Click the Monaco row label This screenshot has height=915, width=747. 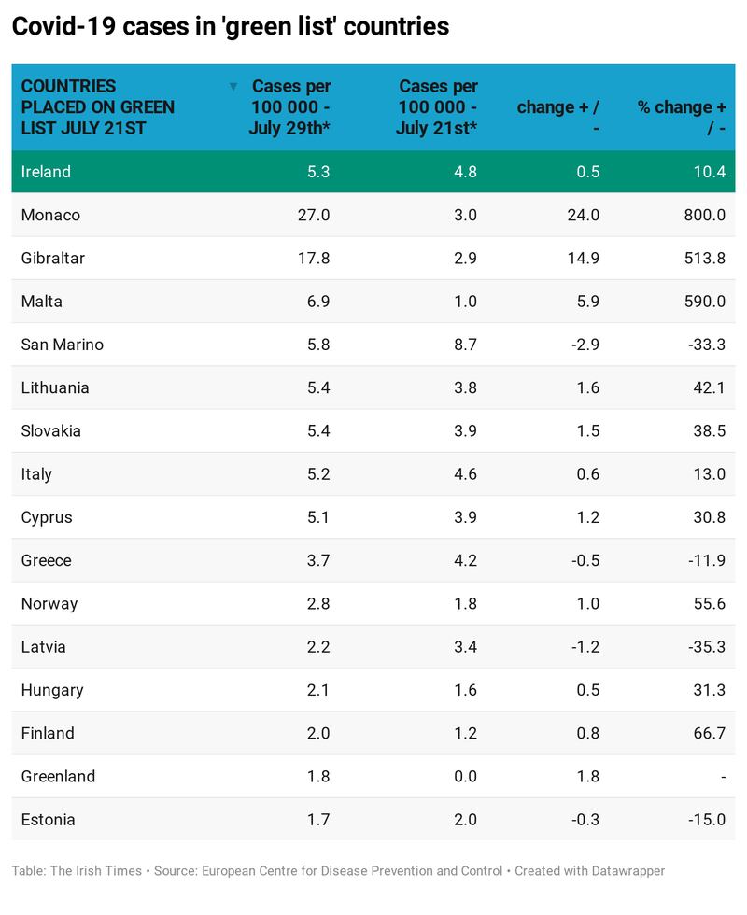click(50, 215)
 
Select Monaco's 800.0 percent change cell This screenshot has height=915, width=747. click(704, 215)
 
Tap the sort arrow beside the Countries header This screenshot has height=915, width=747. click(233, 87)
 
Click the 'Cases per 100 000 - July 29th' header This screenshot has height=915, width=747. click(290, 107)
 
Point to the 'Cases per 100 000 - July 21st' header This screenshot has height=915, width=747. click(437, 107)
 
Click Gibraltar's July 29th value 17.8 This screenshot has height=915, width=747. click(313, 259)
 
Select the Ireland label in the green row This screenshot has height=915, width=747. click(46, 172)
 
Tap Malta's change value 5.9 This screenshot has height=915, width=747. click(587, 302)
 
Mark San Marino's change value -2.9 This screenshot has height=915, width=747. click(584, 345)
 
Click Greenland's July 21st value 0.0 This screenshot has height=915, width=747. click(464, 776)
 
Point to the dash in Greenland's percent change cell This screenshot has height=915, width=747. click(722, 776)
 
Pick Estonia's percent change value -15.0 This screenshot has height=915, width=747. click(706, 820)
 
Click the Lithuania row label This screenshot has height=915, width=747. click(55, 387)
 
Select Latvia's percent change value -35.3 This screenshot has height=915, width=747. click(706, 647)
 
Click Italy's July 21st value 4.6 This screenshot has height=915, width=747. click(464, 474)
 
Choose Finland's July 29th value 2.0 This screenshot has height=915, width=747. click(317, 733)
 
